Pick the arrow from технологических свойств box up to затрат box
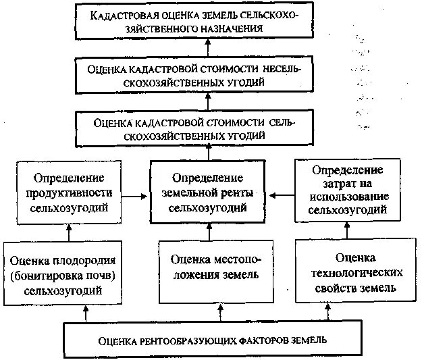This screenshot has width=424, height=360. (x=348, y=233)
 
